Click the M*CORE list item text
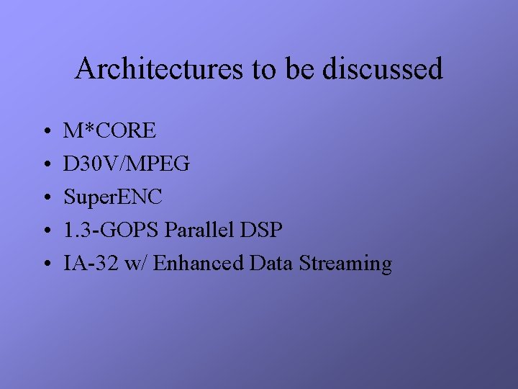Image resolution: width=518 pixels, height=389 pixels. click(x=109, y=131)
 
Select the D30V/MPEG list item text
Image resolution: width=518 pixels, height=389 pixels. click(x=127, y=164)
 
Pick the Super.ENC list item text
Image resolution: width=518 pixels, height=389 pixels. click(x=113, y=197)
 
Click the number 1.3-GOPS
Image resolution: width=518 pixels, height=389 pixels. click(x=112, y=231)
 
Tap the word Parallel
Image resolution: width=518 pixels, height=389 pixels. click(x=201, y=231)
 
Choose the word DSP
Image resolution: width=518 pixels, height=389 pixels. click(x=262, y=231)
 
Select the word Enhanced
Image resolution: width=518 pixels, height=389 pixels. click(x=199, y=264)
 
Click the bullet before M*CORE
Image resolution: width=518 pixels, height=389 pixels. click(x=45, y=133)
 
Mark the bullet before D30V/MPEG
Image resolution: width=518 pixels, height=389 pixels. click(x=45, y=166)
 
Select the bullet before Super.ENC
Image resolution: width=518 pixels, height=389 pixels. click(x=45, y=199)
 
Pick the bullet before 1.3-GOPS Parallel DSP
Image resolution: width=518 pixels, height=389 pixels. click(x=45, y=232)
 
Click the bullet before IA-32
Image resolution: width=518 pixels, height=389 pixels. click(x=45, y=265)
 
